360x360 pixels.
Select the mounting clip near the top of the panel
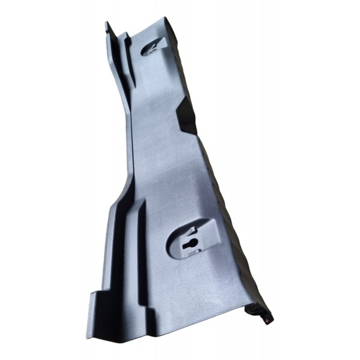154,46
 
